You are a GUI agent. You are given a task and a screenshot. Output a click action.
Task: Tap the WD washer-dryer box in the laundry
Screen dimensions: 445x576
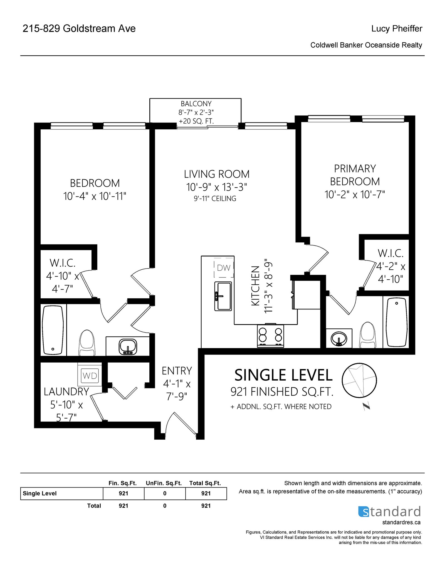coord(90,376)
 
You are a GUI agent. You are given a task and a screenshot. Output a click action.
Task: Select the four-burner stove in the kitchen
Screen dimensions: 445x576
coord(270,335)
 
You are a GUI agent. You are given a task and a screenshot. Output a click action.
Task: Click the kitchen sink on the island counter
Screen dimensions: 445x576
coord(223,296)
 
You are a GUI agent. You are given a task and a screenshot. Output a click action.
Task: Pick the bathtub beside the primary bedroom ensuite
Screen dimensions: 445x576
coord(396,322)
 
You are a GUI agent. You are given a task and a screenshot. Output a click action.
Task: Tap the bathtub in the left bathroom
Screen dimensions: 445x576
coord(53,330)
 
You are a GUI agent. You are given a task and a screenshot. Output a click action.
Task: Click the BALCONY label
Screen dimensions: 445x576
coord(196,104)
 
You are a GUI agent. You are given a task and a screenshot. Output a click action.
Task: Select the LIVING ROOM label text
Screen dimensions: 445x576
coord(217,174)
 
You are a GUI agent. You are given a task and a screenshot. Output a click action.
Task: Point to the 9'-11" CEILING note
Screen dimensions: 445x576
coord(215,198)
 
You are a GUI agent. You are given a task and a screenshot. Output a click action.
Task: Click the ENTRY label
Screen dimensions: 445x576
coord(177,371)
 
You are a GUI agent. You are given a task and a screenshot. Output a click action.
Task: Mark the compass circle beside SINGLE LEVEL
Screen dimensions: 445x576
coord(359,380)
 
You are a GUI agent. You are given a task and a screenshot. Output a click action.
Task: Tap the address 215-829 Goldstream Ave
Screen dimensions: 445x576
coord(79,28)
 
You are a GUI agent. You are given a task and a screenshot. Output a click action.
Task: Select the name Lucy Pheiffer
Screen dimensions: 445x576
coord(397,28)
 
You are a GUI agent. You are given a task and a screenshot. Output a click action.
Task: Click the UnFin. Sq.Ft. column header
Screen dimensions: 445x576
coord(164,483)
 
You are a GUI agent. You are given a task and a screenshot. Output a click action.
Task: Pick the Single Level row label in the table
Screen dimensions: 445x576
coord(39,493)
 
